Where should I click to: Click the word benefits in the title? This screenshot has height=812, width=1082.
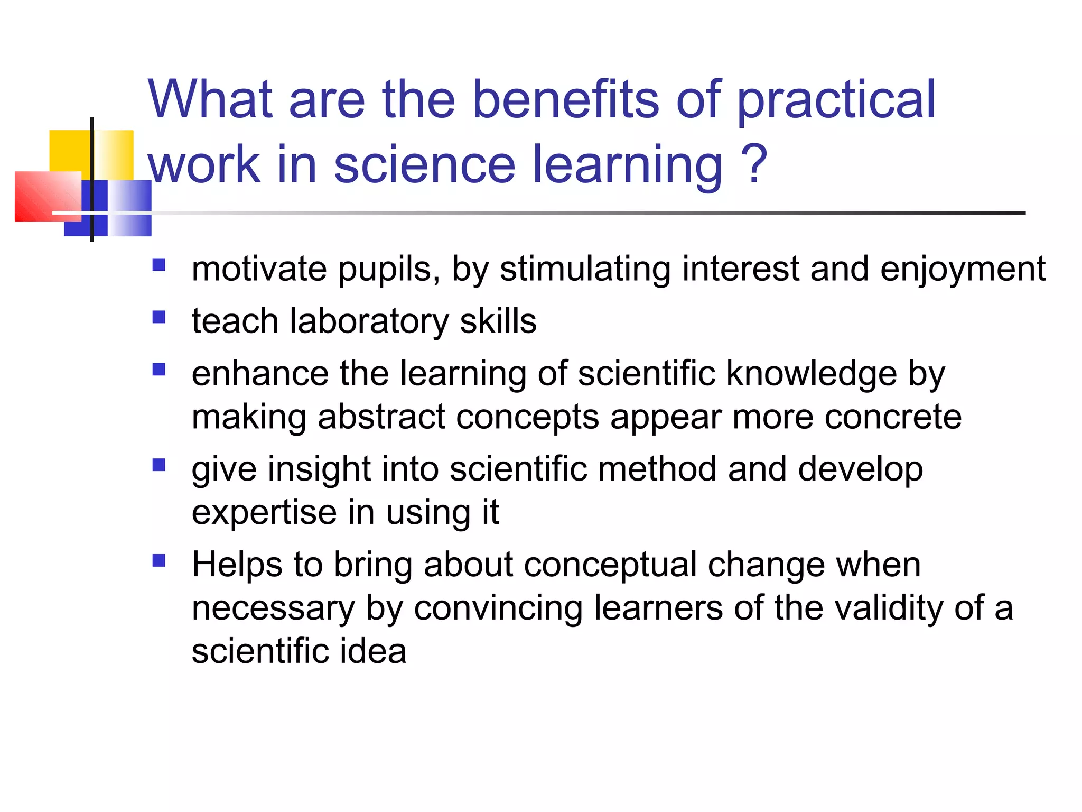click(x=565, y=99)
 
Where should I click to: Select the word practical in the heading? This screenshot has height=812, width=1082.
click(x=835, y=100)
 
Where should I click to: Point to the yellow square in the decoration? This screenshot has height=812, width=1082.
click(x=70, y=151)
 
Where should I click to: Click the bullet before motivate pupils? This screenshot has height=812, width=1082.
click(x=158, y=264)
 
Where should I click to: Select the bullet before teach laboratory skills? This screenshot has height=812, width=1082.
click(x=158, y=317)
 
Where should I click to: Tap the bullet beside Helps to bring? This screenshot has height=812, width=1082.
click(x=158, y=560)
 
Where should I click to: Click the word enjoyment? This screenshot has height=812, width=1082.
click(x=963, y=270)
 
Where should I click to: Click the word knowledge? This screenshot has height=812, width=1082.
click(x=811, y=374)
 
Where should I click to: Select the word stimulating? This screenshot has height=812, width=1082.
click(x=585, y=270)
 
